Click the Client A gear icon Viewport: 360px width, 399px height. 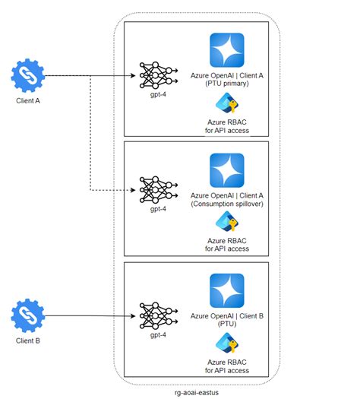28,76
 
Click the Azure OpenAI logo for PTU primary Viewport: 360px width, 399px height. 227,51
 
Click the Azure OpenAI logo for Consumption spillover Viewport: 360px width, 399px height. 227,171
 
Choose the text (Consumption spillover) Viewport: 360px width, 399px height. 227,204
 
